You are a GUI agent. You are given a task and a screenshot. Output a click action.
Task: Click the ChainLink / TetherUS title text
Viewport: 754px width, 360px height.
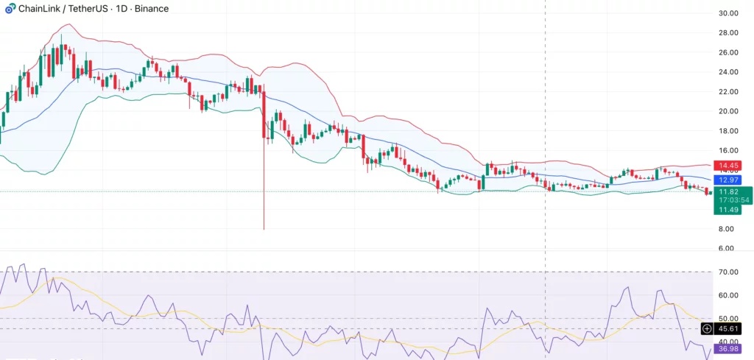70,9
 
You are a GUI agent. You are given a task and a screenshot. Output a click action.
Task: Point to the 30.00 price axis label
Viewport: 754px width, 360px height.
728,13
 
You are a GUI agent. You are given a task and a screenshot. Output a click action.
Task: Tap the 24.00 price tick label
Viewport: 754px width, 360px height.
728,72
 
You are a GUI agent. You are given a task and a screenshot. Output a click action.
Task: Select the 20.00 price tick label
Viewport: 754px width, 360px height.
728,111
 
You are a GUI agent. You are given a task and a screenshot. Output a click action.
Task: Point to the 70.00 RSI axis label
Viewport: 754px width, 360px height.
728,272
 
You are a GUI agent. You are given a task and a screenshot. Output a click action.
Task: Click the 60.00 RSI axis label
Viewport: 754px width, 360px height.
728,295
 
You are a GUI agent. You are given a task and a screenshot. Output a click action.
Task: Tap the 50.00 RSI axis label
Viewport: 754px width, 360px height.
728,319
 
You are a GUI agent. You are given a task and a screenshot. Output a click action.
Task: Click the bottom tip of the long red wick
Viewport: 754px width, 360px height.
264,229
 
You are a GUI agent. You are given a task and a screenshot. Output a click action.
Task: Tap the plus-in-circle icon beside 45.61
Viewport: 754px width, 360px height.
707,328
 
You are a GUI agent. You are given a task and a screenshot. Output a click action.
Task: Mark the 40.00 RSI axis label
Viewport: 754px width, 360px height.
728,342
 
